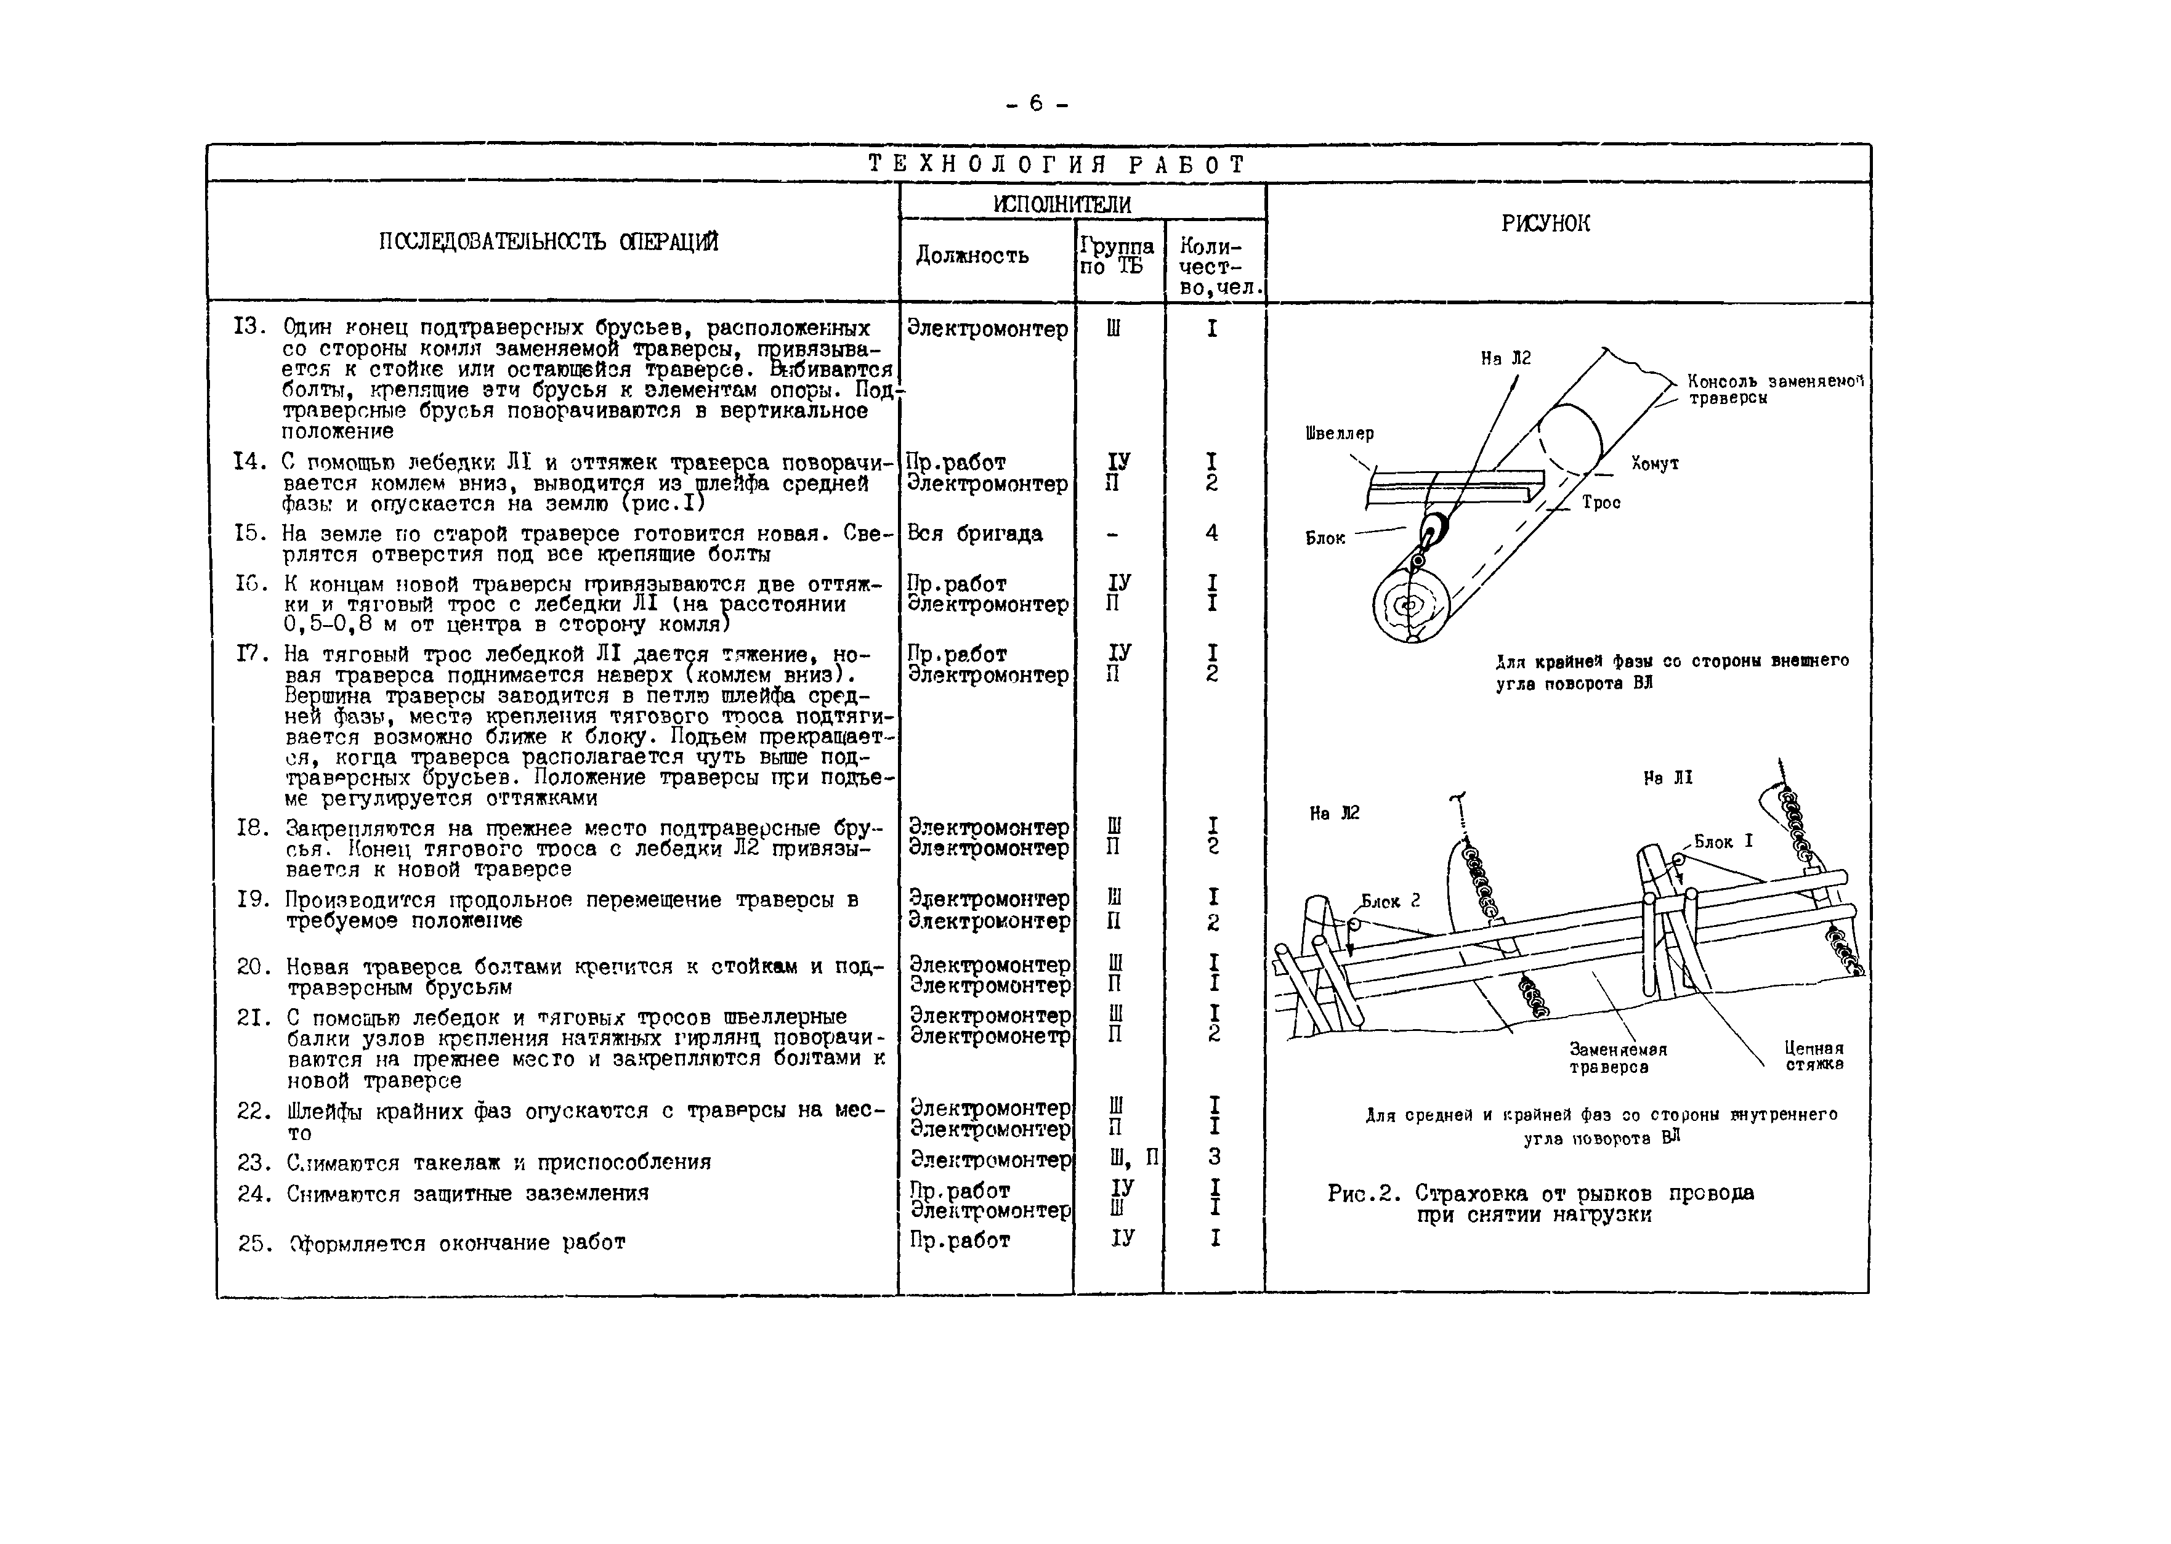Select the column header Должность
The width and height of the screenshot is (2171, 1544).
click(x=971, y=255)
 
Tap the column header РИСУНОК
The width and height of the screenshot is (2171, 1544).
click(x=1545, y=224)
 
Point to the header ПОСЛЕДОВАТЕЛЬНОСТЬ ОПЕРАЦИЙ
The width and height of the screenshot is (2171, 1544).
click(x=549, y=241)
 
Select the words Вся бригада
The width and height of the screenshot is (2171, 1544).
click(x=974, y=533)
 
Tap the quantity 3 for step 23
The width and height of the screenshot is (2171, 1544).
click(x=1214, y=1157)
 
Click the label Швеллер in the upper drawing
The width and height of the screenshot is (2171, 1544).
click(x=1340, y=434)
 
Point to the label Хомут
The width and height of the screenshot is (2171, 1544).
click(x=1654, y=464)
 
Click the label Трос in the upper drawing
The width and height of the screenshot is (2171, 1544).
click(x=1601, y=503)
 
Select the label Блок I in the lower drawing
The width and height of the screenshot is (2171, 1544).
click(x=1723, y=841)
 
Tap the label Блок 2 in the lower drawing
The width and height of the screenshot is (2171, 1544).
click(x=1389, y=901)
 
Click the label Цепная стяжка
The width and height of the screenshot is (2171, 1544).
click(x=1814, y=1056)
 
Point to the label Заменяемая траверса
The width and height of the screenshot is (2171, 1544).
click(x=1618, y=1058)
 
